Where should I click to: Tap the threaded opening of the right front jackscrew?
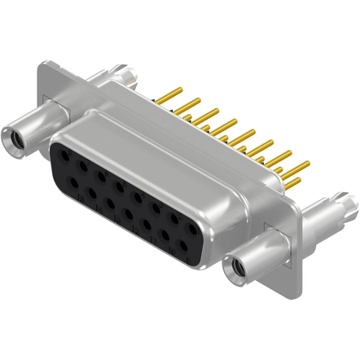click(239, 264)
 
